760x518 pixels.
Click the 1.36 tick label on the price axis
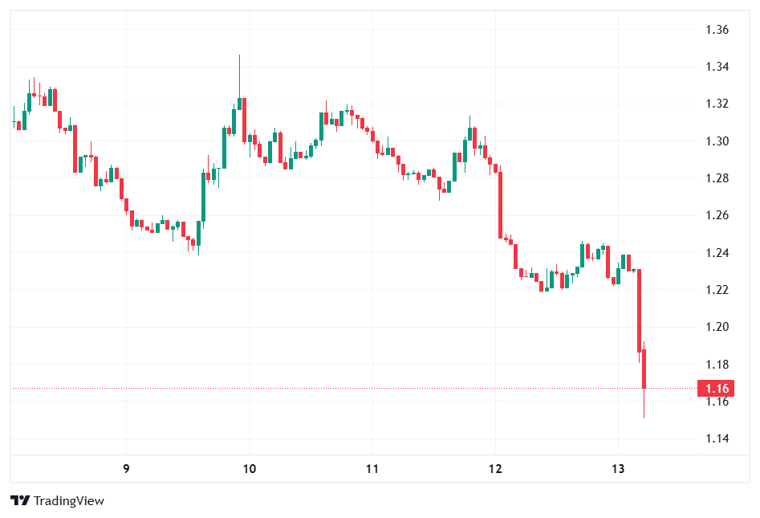(x=716, y=30)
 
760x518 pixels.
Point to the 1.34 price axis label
(x=716, y=67)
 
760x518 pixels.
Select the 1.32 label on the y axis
(x=716, y=104)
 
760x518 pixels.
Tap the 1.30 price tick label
(x=716, y=141)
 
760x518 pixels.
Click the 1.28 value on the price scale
(x=716, y=178)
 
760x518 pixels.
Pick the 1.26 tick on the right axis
(x=716, y=215)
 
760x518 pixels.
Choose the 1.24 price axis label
(x=716, y=253)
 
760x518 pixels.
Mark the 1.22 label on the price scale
(x=716, y=290)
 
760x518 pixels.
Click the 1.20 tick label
(x=716, y=327)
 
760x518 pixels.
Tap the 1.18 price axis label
(x=716, y=365)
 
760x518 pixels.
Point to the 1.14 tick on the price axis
(x=716, y=438)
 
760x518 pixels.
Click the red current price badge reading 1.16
(x=716, y=389)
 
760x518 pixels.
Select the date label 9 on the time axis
(x=126, y=468)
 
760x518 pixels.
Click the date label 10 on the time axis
(x=250, y=468)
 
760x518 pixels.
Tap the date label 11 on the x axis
(x=372, y=468)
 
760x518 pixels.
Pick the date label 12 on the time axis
(x=495, y=468)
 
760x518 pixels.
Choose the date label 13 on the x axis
(x=618, y=468)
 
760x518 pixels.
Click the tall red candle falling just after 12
(x=500, y=205)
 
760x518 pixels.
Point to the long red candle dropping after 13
(x=640, y=310)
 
